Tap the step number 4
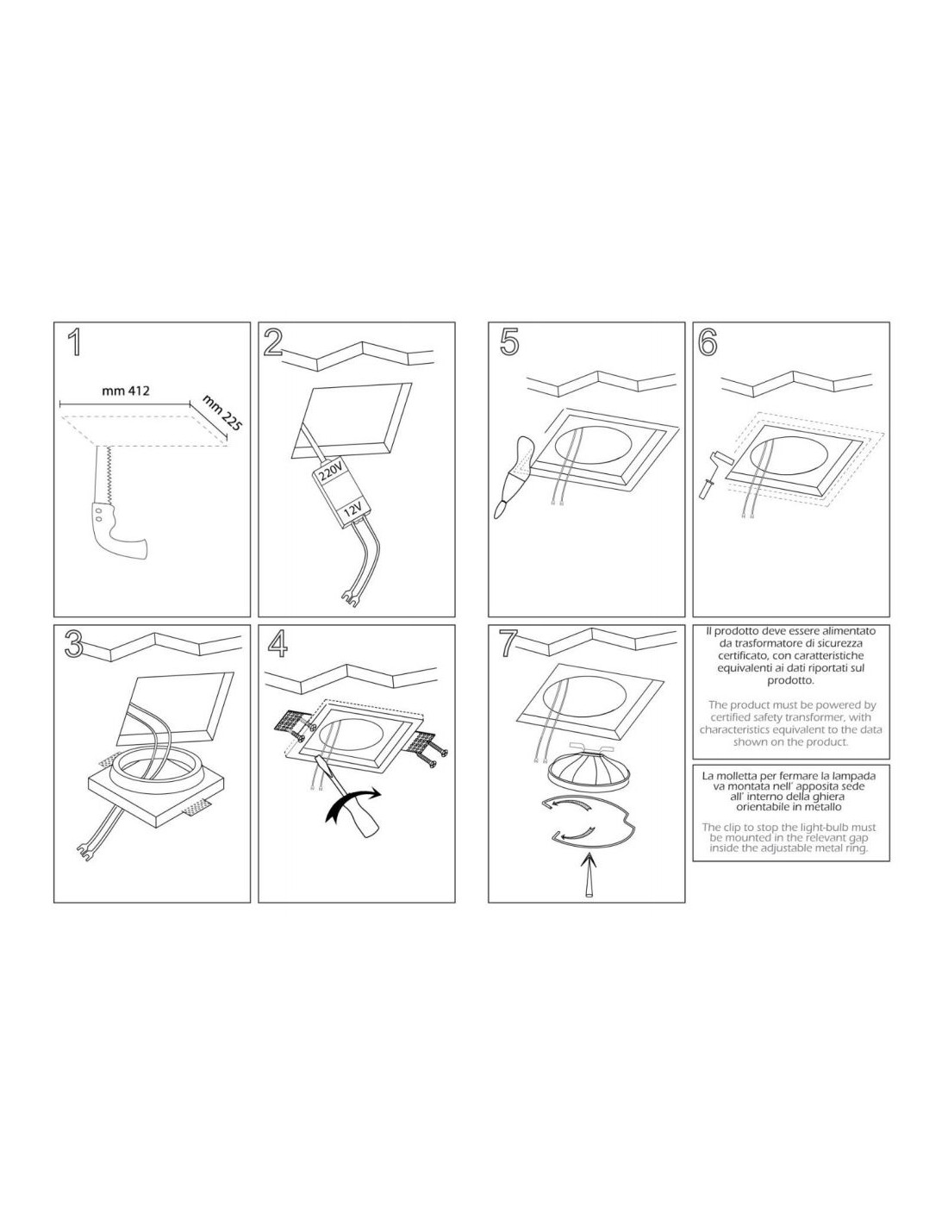[277, 644]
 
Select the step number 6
[708, 342]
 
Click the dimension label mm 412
[126, 391]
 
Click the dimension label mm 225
[221, 413]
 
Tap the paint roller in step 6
[716, 467]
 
